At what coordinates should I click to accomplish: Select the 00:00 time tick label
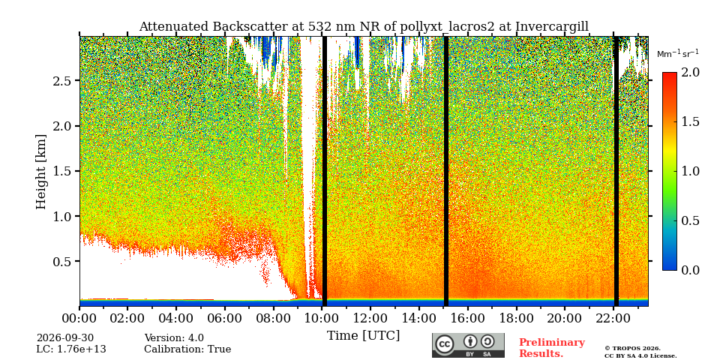[80, 318]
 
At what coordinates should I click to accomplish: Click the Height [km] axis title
[41, 172]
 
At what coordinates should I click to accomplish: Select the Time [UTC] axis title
[363, 336]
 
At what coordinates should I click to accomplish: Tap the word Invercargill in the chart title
[552, 27]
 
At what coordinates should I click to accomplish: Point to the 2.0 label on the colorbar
[690, 73]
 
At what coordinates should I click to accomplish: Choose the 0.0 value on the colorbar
[690, 270]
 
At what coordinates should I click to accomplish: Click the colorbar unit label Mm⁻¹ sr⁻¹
[678, 53]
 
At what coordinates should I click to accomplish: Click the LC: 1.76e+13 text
[71, 349]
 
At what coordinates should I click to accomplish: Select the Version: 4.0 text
[174, 338]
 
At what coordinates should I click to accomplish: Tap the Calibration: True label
[187, 349]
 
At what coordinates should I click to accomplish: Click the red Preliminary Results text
[552, 348]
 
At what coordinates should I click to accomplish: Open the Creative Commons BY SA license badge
[468, 345]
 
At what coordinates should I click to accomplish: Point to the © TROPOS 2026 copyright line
[632, 349]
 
